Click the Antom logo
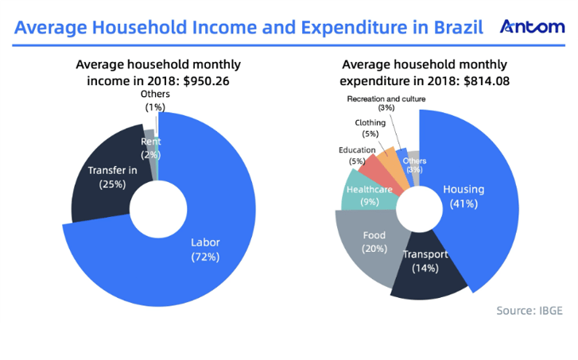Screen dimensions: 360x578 (x=532, y=29)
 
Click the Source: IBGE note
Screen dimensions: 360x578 (x=530, y=310)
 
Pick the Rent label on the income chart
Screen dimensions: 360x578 (x=150, y=141)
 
